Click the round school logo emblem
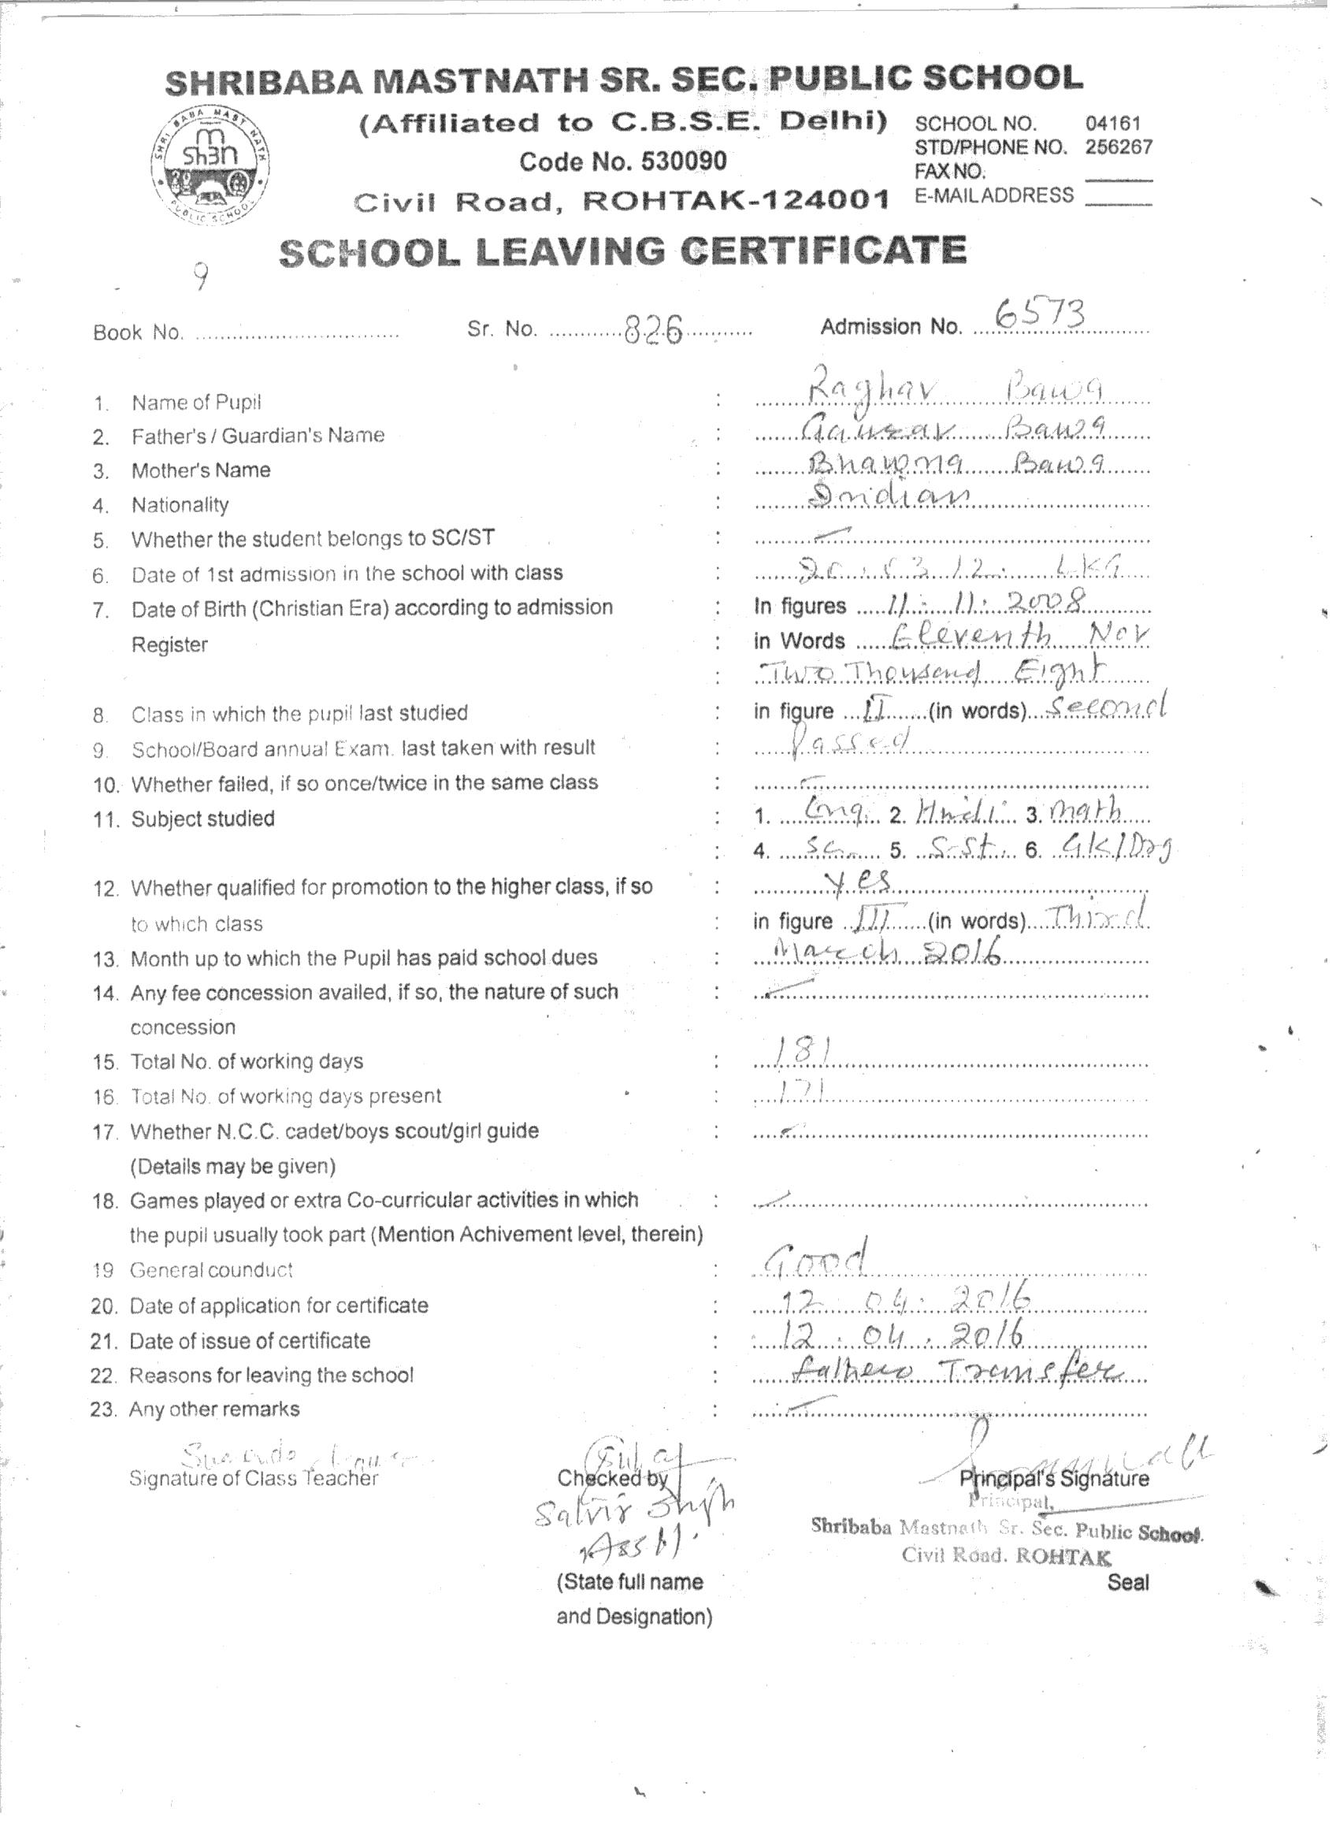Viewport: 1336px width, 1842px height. [210, 164]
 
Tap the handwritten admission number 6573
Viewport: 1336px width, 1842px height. [1041, 314]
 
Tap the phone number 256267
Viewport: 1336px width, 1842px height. [1119, 147]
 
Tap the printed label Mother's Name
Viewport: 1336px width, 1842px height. [201, 470]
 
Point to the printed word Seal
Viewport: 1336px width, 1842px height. [1128, 1581]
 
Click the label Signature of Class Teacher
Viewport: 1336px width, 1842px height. [254, 1478]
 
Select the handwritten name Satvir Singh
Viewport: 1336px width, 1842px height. [633, 1510]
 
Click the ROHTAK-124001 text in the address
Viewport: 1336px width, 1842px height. [737, 200]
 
